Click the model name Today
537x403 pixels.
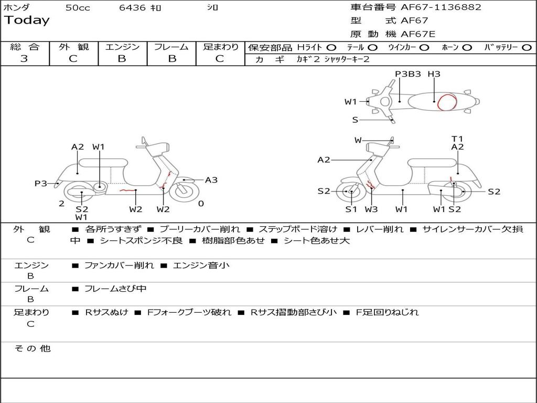[27, 20]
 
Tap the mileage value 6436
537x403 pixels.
[133, 7]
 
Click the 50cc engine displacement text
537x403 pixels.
[78, 7]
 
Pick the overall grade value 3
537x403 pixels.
[24, 59]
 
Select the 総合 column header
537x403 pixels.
[24, 47]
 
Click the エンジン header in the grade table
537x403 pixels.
[122, 47]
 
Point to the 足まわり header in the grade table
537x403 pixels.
[220, 47]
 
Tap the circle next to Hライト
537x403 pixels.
[331, 47]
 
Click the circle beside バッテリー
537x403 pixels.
[527, 47]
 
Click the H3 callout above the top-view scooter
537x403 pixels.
[434, 74]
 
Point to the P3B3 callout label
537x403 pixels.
[408, 74]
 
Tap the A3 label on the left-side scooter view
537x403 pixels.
[211, 180]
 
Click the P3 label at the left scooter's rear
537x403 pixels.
[41, 183]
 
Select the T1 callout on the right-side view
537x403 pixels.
[457, 139]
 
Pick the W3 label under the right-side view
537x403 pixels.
[371, 209]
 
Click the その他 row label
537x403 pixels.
[32, 348]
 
